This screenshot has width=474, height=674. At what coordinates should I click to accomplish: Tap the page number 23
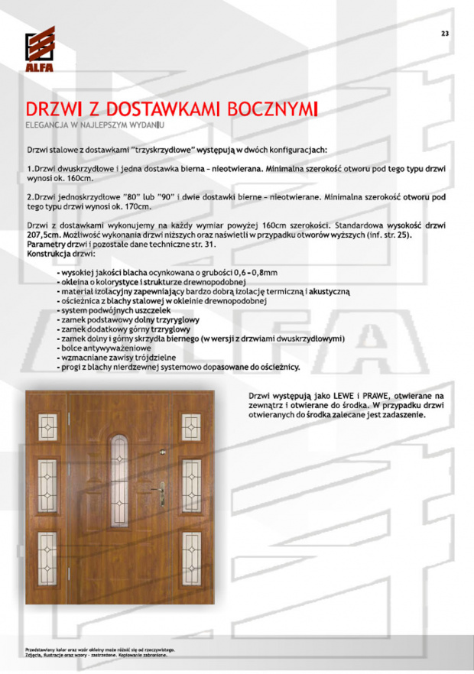pyautogui.click(x=445, y=32)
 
